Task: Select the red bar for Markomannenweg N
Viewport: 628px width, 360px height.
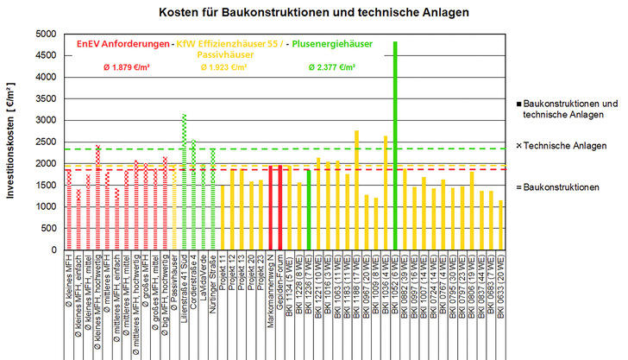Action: [x=270, y=206]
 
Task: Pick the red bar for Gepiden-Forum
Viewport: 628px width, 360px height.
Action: [x=279, y=206]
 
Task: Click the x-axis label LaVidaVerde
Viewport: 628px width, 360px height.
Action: [x=203, y=281]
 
